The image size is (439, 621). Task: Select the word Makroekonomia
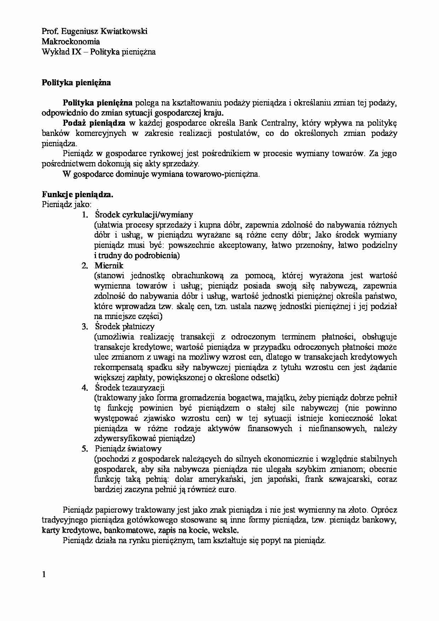[x=71, y=42]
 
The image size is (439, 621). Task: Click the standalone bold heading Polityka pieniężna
[x=76, y=83]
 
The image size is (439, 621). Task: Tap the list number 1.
[x=84, y=215]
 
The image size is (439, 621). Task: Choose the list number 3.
[x=84, y=327]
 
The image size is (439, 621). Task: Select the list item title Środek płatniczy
[x=125, y=327]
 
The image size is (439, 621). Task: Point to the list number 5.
[x=84, y=449]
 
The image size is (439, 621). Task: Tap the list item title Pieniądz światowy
[x=128, y=449]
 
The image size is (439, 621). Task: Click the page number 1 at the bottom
[x=44, y=575]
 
